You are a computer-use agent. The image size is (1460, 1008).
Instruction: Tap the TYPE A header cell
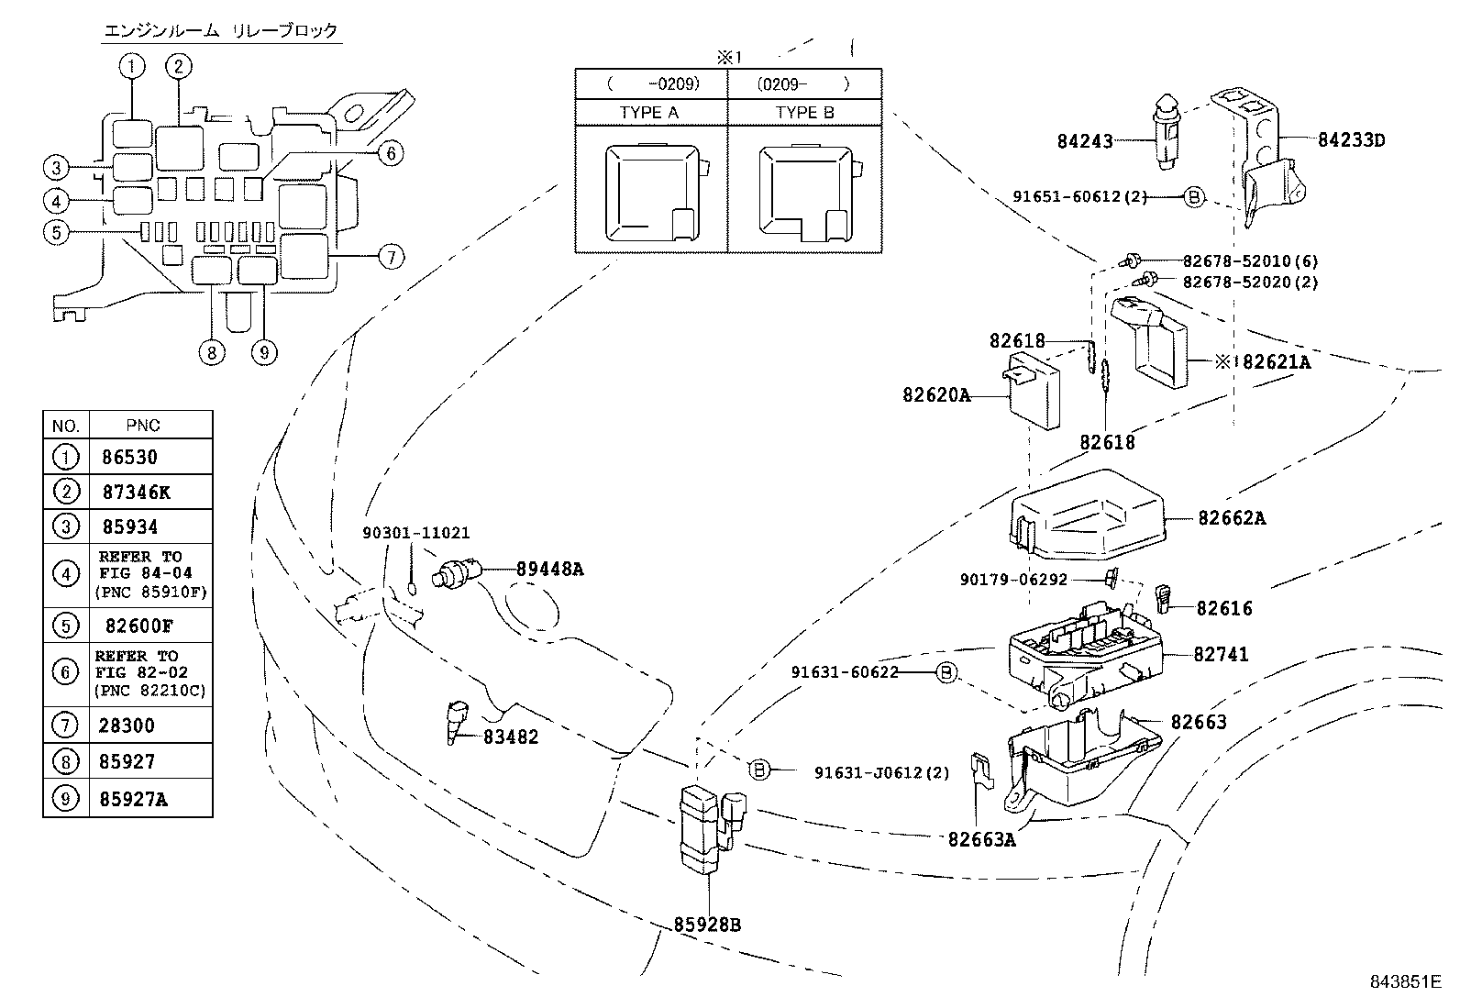[649, 112]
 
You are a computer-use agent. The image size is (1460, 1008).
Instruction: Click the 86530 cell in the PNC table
[130, 457]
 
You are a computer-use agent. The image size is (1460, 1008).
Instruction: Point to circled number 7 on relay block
[391, 257]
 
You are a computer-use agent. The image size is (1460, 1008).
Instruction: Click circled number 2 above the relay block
[179, 65]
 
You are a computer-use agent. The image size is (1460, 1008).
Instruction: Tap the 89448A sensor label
[549, 569]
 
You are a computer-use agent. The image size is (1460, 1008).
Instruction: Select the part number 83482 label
[511, 737]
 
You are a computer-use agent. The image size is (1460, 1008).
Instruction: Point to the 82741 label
[1221, 655]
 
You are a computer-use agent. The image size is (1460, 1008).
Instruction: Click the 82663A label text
[981, 838]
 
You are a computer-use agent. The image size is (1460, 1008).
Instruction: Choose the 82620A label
[935, 395]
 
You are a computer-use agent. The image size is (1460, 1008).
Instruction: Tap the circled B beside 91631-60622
[946, 673]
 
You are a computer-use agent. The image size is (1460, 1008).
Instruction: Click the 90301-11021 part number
[416, 533]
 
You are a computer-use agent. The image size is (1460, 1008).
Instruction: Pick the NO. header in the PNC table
[65, 426]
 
